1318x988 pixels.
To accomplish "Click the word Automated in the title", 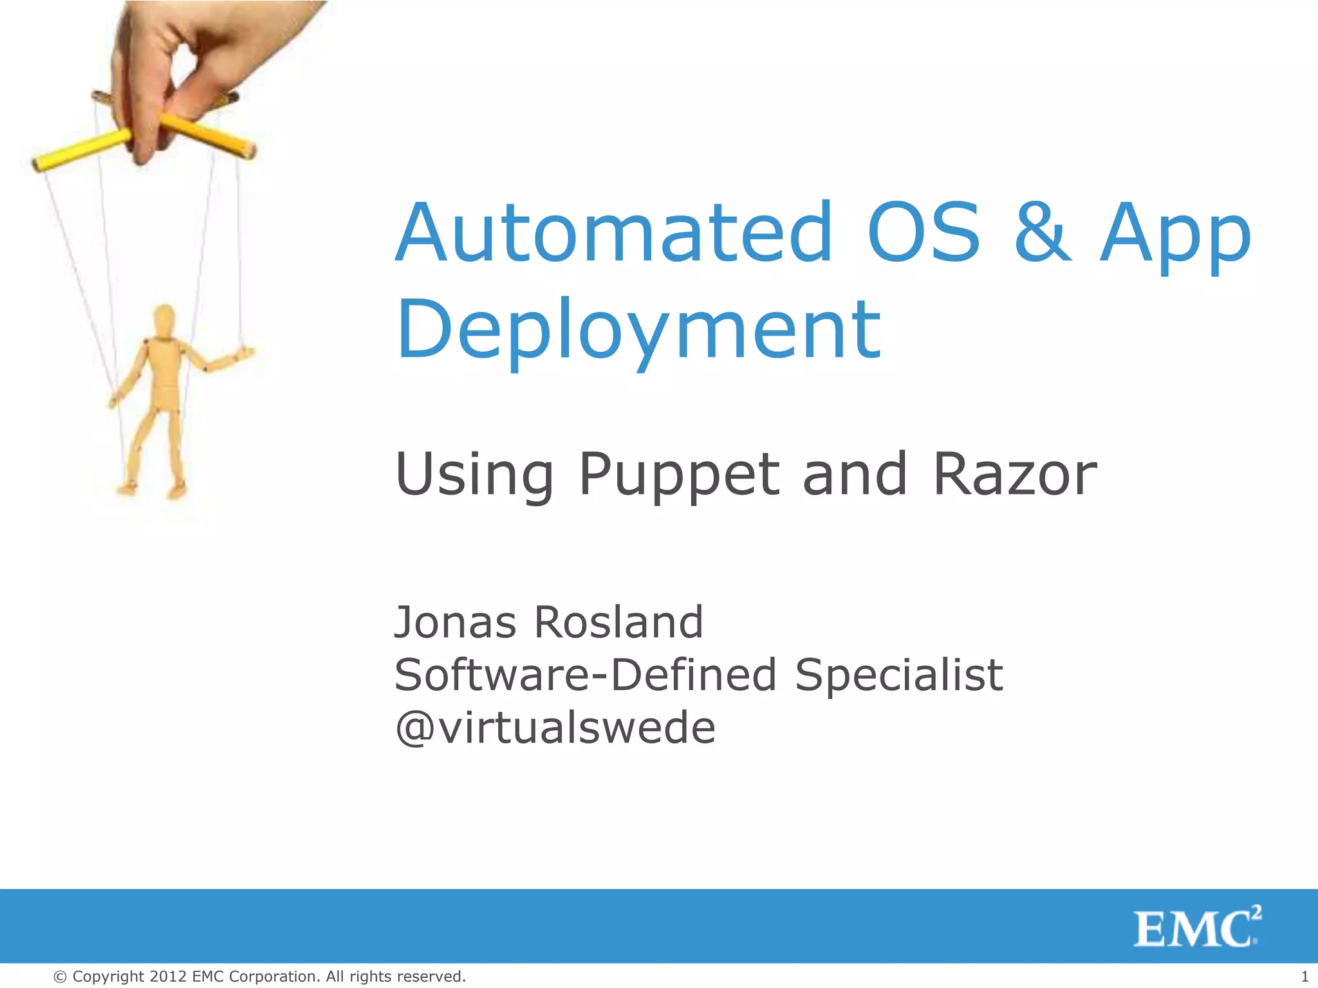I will [x=615, y=233].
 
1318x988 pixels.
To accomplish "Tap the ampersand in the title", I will [x=1043, y=233].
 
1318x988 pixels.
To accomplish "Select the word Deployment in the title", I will [x=638, y=329].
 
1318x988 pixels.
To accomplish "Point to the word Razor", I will [x=1015, y=475].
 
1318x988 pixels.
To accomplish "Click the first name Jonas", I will [x=455, y=622].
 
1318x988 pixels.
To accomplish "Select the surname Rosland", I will [x=618, y=622].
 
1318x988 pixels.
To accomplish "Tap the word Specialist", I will [x=898, y=675].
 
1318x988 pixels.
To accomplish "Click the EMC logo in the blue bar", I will [x=1196, y=928].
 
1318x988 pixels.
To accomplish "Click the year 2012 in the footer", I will [x=168, y=976].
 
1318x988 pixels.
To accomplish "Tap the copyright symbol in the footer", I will [x=60, y=976].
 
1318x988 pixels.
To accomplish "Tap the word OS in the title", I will [x=924, y=233].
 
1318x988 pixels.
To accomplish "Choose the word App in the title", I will [x=1174, y=233].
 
